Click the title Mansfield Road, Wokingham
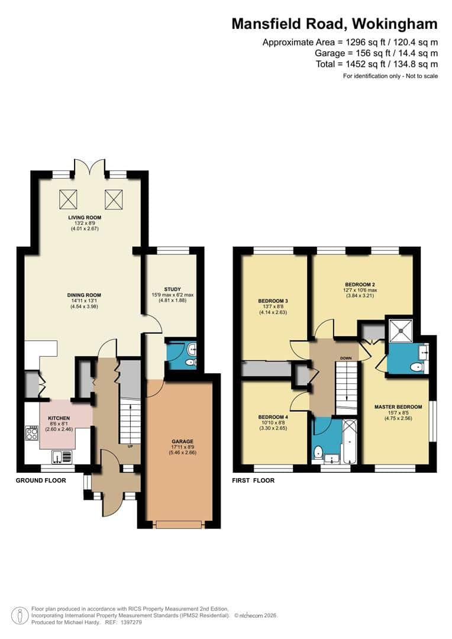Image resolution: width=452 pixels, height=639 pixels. point(334,24)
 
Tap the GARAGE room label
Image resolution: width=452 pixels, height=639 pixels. point(182,441)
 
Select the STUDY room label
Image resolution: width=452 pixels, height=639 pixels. point(172,289)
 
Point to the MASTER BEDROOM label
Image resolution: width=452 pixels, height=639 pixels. point(398,406)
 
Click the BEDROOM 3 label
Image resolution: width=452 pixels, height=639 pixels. point(272,301)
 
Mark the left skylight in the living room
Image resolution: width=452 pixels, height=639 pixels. point(68,199)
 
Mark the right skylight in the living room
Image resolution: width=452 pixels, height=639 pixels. point(114,199)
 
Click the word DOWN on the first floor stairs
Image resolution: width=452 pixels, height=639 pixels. point(347,358)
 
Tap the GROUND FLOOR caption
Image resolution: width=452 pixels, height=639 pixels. point(40,480)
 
